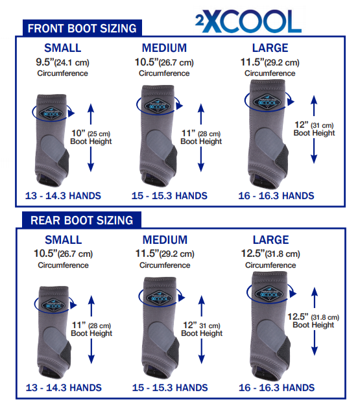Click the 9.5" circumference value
point(62,63)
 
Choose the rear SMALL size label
point(62,239)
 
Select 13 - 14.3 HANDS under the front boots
point(62,196)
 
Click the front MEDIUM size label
point(165,48)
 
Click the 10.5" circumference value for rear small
point(62,254)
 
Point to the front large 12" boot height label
point(315,129)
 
